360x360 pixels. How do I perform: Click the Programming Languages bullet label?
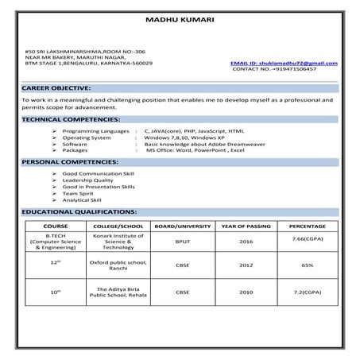point(95,128)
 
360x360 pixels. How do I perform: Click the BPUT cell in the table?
point(183,241)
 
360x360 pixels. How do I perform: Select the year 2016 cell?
point(246,241)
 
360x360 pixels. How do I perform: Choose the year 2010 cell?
point(246,292)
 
